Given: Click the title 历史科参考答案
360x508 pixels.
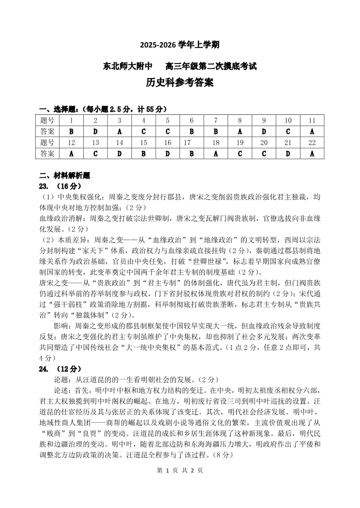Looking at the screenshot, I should click(179, 83).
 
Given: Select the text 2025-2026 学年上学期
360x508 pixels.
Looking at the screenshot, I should click(179, 45).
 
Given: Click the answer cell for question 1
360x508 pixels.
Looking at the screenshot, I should click(71, 131).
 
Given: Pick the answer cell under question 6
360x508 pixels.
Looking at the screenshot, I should click(191, 131).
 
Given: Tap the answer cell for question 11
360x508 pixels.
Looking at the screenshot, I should click(312, 131).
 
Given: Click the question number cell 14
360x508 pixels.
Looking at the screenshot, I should click(119, 142).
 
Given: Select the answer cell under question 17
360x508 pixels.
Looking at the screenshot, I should click(191, 153).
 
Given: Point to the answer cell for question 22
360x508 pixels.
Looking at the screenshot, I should click(312, 153).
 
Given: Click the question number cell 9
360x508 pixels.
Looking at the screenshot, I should click(264, 120).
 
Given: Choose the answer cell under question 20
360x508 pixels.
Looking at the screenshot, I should click(264, 153).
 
